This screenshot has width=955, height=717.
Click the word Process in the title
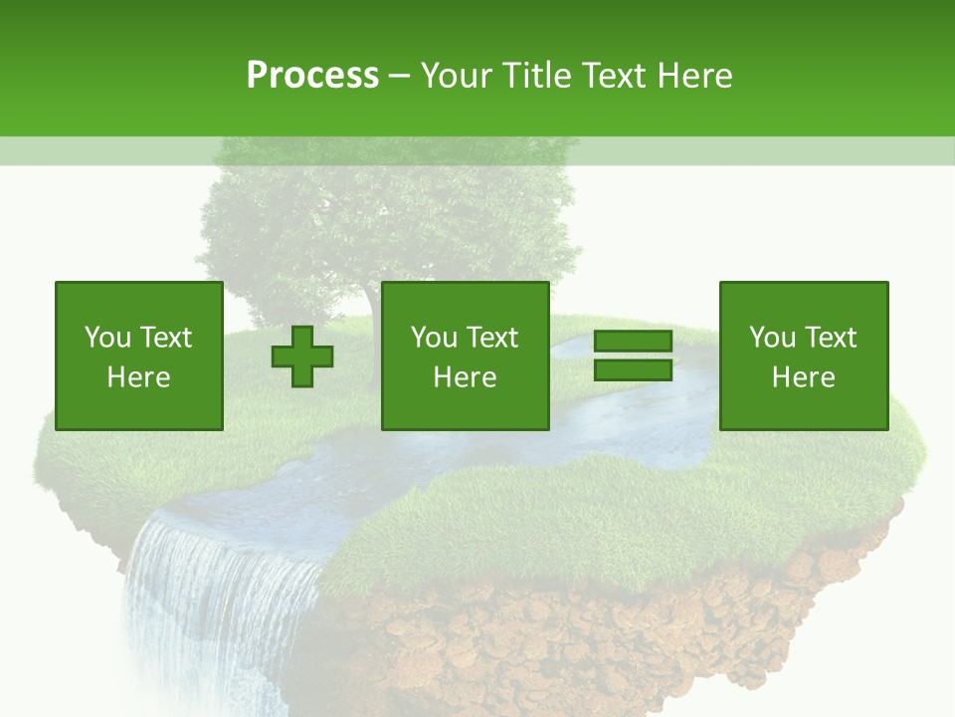[x=312, y=76]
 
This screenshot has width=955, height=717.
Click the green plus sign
[x=302, y=357]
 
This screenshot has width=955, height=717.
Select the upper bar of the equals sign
[x=633, y=342]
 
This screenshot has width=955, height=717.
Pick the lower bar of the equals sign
[x=633, y=369]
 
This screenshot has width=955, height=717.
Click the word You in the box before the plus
[x=107, y=338]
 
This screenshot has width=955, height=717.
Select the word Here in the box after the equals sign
[x=803, y=377]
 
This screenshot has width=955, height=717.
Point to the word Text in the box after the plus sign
[x=493, y=338]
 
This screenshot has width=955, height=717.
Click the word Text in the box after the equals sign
[x=832, y=338]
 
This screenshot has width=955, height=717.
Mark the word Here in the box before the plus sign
[x=138, y=377]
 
